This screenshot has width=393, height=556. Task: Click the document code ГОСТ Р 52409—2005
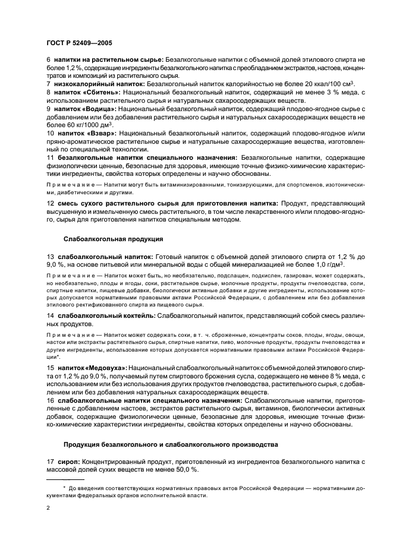(78, 43)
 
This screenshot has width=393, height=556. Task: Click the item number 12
(50, 203)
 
